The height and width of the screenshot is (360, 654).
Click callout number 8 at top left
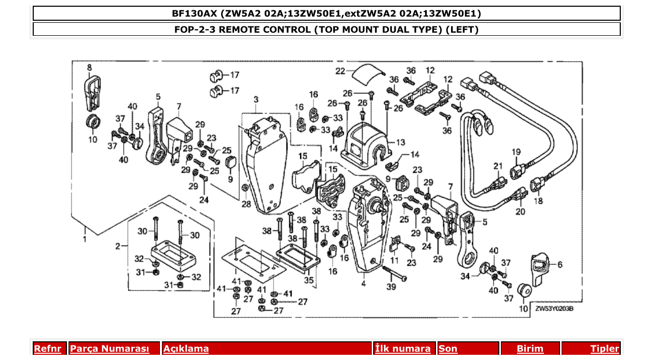89,67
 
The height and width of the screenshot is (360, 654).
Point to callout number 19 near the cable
516,152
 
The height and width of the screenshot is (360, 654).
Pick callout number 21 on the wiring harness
498,166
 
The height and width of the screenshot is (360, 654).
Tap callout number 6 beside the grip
560,264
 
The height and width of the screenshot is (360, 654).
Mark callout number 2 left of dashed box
118,245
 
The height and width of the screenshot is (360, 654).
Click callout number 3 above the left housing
256,99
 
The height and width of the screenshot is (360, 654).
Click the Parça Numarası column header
109,349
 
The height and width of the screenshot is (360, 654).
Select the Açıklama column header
186,349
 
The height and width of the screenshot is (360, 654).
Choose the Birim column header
530,349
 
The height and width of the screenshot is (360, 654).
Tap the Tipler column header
605,349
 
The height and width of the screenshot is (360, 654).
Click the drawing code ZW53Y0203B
554,309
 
